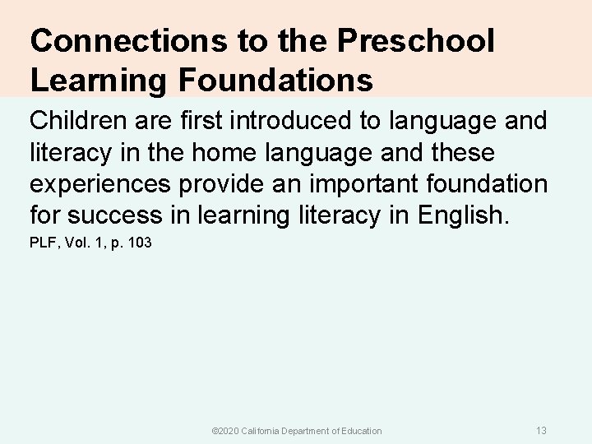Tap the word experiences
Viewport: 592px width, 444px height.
pos(100,184)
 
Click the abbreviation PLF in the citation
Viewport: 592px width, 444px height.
pos(42,243)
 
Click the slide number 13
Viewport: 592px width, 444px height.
pos(541,430)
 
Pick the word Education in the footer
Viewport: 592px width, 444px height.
pos(360,431)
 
